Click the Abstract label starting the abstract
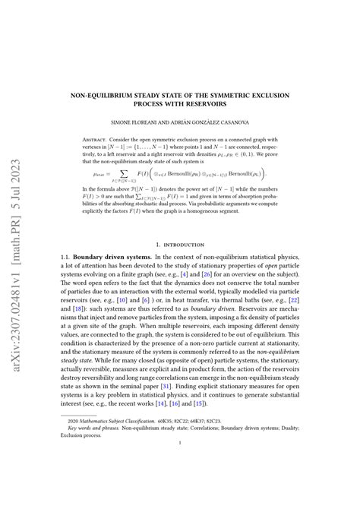tap(98, 140)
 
